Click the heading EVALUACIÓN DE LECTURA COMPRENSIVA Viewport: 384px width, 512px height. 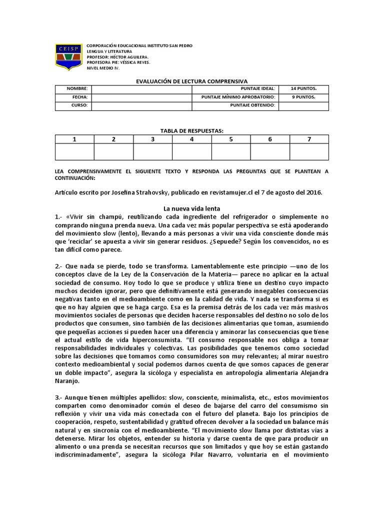(192, 80)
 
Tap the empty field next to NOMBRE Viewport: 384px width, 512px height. (142, 88)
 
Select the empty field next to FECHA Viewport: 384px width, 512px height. (142, 97)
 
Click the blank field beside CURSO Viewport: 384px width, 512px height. (142, 105)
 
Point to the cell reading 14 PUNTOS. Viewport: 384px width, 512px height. (303, 88)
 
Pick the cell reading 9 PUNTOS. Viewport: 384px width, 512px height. (303, 97)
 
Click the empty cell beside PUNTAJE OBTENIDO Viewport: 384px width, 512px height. (303, 105)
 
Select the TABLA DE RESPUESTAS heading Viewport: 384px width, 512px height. (192, 130)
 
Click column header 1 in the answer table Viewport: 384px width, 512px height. (74, 139)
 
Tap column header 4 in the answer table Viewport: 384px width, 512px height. (191, 139)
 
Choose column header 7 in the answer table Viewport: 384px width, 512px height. (309, 139)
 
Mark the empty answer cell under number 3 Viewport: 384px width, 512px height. (152, 151)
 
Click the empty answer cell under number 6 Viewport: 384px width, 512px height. (270, 151)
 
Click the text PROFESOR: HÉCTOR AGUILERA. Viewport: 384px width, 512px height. (117, 56)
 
